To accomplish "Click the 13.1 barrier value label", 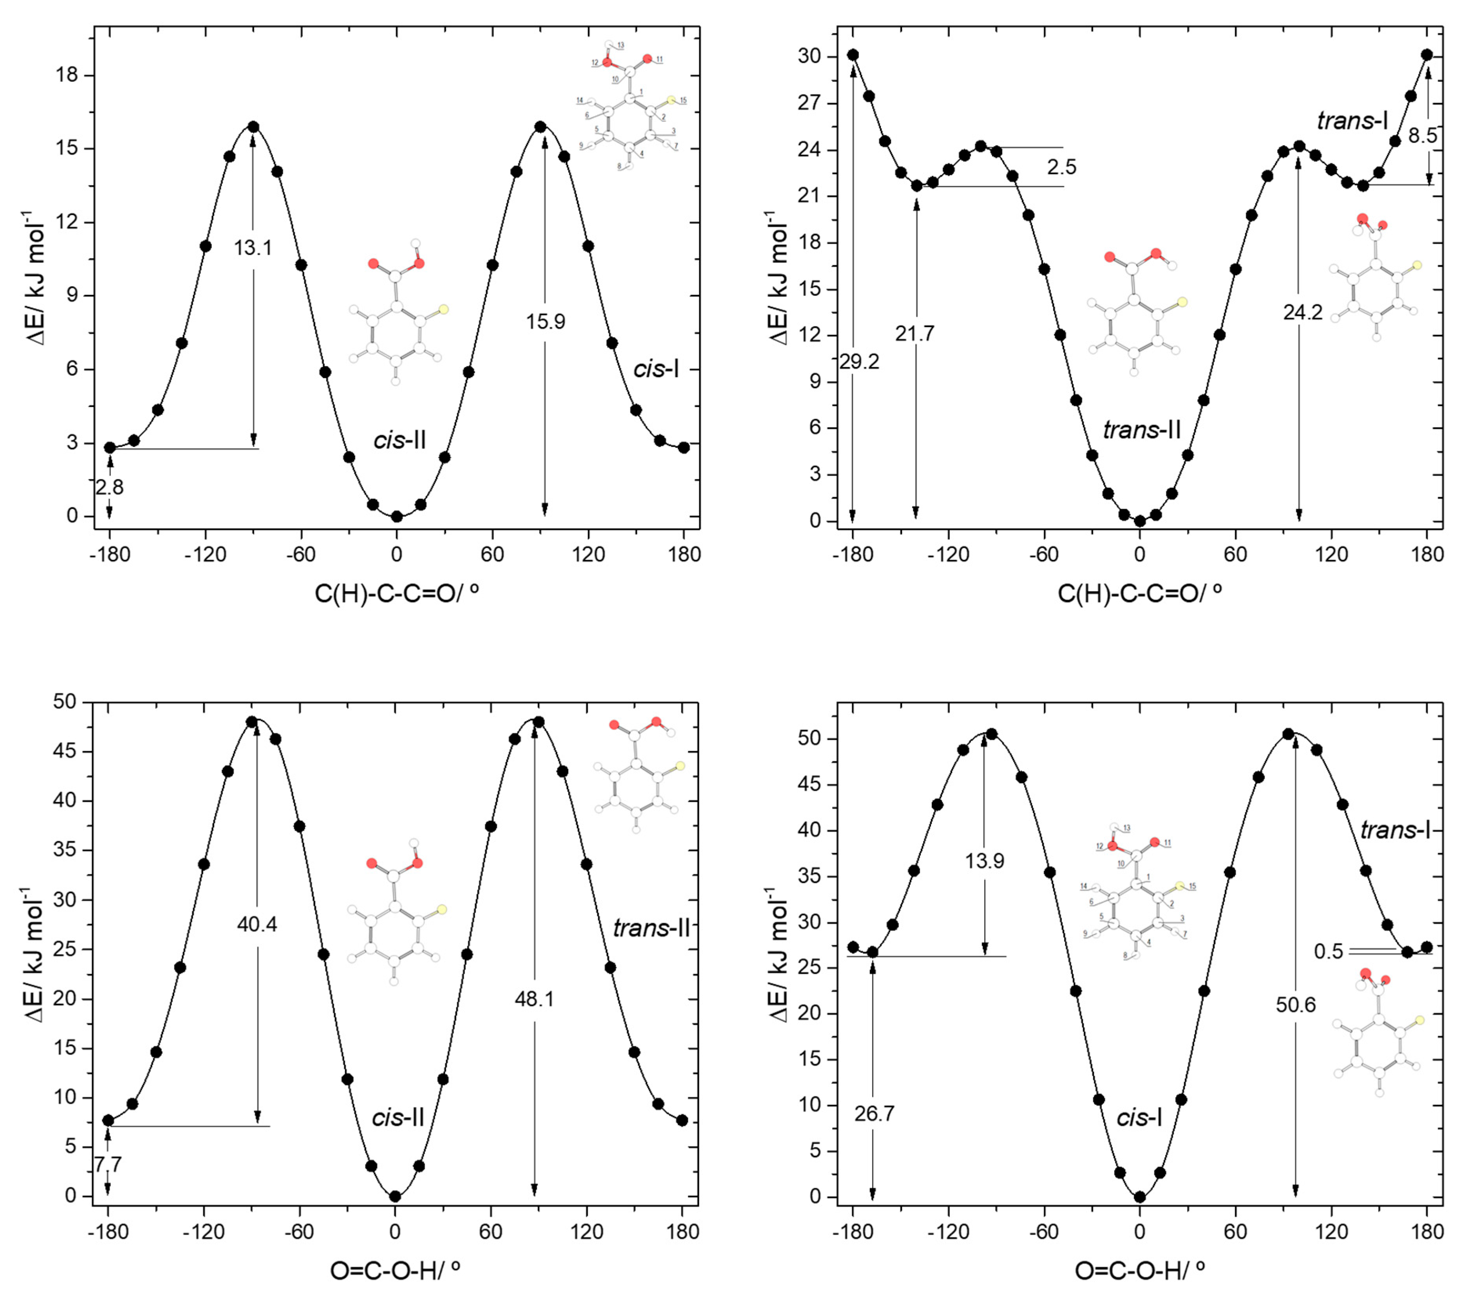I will click(x=253, y=248).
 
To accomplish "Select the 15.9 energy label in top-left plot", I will click(x=545, y=322).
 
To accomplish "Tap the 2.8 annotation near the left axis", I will click(x=110, y=487).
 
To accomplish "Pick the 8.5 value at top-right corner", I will click(x=1422, y=136).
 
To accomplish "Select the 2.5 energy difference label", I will click(x=1061, y=167).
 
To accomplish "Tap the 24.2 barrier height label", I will click(x=1303, y=312).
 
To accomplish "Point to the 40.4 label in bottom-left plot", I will click(x=257, y=925).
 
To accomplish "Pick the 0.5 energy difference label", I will click(x=1328, y=952).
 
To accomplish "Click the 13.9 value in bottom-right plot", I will click(x=985, y=861).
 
